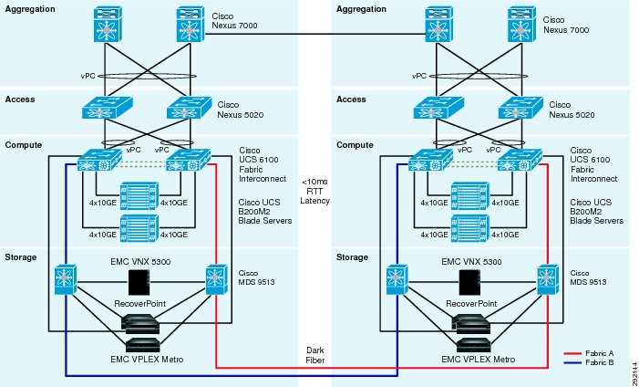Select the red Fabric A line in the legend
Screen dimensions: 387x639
click(573, 350)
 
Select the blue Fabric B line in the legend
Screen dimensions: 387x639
click(573, 361)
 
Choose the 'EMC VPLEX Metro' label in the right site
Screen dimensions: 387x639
click(471, 360)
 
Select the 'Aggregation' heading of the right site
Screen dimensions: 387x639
click(363, 8)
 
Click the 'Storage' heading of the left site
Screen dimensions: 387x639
click(22, 257)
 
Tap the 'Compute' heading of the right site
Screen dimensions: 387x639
click(356, 144)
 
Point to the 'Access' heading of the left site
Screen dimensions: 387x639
click(20, 99)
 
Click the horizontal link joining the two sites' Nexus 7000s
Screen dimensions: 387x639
click(319, 35)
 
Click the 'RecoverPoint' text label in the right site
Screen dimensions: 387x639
click(470, 302)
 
